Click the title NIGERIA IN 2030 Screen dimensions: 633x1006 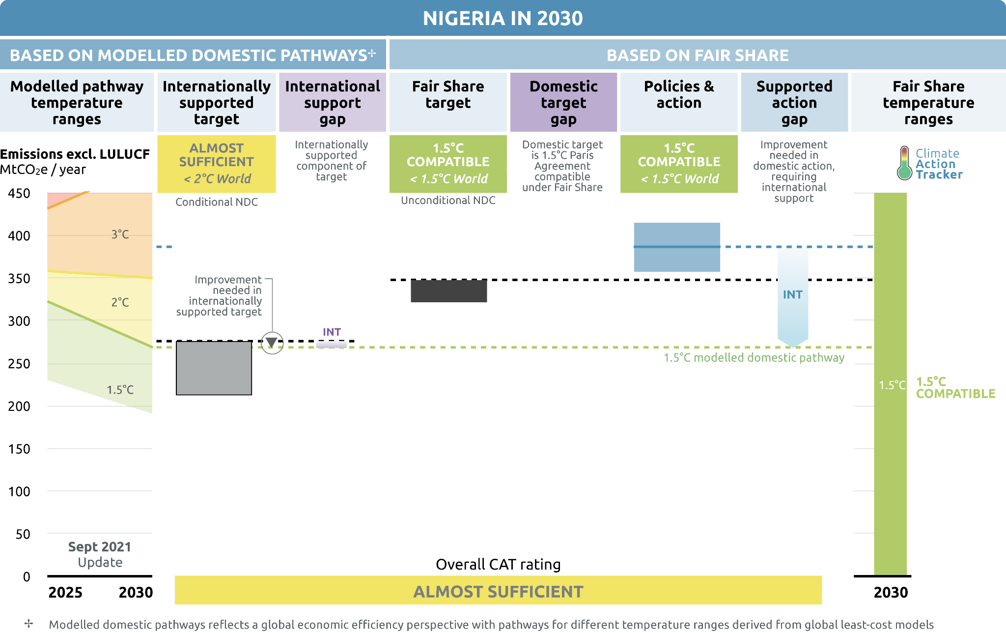coord(503,19)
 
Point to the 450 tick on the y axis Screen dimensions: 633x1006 coord(19,193)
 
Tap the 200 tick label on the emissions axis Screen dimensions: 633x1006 coord(19,406)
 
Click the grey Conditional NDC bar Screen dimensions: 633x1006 coord(214,368)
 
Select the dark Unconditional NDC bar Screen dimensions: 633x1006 coord(448,291)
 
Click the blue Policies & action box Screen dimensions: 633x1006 coord(676,247)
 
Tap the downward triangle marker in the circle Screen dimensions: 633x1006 coord(272,343)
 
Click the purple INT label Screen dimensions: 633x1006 coord(332,332)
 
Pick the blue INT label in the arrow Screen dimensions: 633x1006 coord(792,295)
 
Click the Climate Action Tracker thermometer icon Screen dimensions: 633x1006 coord(904,164)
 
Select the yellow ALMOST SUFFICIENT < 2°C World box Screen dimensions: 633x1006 coord(216,164)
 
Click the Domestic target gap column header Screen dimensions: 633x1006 coord(563,103)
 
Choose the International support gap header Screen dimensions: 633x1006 coord(333,103)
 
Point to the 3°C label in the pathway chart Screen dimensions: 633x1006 coord(120,234)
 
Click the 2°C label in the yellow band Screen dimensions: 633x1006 coord(120,302)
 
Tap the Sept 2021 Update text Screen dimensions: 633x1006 coord(100,554)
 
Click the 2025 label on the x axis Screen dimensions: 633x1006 coord(65,592)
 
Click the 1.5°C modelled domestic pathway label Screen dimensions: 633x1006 coord(754,358)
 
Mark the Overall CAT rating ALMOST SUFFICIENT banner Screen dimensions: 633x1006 coord(498,591)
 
